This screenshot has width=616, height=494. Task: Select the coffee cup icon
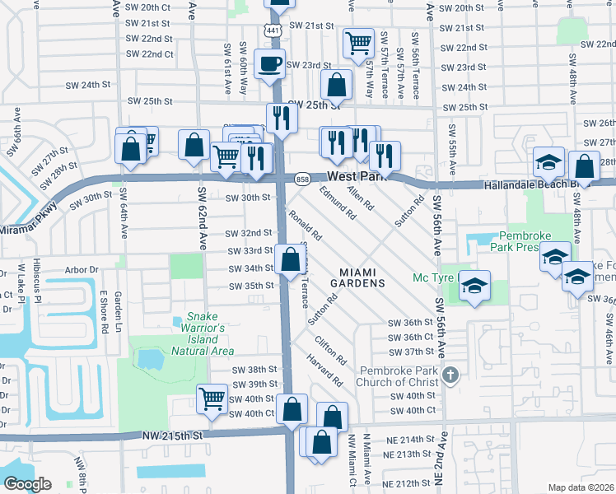268,63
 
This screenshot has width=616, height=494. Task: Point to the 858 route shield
301,178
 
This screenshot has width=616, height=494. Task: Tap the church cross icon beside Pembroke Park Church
450,376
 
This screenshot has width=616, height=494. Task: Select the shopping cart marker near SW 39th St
212,399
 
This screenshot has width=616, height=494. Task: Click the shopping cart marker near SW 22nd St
358,42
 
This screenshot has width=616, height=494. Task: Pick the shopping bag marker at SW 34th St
290,260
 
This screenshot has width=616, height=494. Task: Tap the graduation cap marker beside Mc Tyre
474,286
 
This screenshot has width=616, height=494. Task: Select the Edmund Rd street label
338,203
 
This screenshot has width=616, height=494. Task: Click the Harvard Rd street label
325,370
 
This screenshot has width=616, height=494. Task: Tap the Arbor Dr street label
82,268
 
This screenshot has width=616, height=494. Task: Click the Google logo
26,484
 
